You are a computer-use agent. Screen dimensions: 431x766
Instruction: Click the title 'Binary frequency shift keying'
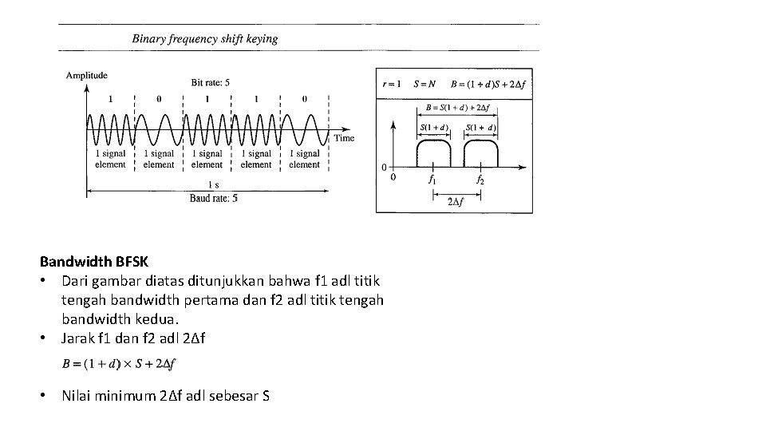click(x=205, y=38)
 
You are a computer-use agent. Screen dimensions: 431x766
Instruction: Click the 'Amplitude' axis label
click(x=86, y=76)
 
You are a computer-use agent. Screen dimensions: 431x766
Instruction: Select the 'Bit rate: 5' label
click(x=211, y=82)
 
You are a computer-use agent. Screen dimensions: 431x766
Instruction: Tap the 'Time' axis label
click(x=344, y=138)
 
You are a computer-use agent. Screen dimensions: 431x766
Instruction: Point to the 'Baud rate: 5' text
click(x=213, y=198)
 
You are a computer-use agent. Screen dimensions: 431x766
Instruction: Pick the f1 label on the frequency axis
click(x=432, y=180)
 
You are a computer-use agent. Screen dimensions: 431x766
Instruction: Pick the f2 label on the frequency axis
click(x=480, y=180)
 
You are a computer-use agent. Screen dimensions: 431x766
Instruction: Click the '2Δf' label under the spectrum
click(x=455, y=201)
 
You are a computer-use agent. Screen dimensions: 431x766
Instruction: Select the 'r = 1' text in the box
click(x=392, y=84)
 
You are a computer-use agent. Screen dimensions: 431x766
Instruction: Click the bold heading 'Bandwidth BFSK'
click(x=93, y=261)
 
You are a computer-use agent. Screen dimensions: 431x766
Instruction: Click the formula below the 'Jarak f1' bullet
click(x=119, y=364)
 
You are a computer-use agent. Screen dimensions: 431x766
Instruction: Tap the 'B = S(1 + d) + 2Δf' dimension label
click(x=456, y=106)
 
